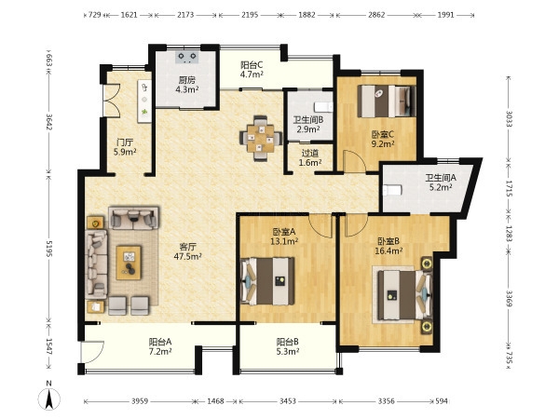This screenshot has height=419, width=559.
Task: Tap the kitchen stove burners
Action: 187,57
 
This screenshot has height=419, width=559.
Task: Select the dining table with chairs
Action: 261,138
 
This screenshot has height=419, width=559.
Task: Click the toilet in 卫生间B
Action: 323,107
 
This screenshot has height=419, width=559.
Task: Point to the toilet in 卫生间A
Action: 391,190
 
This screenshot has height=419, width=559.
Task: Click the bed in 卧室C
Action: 387,101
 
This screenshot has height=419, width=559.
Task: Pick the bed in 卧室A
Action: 267,281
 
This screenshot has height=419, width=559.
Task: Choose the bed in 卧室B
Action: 405,295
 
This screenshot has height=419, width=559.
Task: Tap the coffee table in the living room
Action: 129,263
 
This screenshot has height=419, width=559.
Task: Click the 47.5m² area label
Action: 188,256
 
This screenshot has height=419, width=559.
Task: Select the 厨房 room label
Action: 187,80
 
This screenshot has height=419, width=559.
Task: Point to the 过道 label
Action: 310,154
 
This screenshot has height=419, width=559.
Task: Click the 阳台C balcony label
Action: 252,65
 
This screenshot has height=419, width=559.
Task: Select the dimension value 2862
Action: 376,15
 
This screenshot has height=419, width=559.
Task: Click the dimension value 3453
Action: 287,401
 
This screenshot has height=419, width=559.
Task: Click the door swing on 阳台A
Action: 91,352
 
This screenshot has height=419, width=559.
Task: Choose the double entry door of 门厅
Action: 111,101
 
